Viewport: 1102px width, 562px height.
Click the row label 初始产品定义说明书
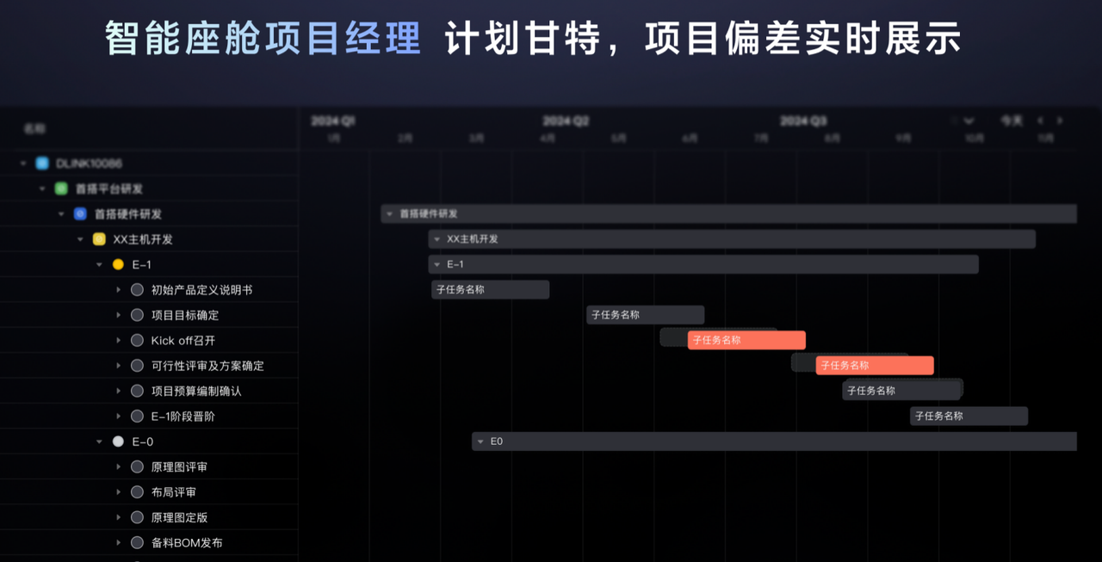(201, 290)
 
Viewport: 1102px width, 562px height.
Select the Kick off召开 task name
(183, 341)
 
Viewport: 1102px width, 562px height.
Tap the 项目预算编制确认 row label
(196, 392)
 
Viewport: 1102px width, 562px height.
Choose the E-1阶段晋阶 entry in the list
(183, 417)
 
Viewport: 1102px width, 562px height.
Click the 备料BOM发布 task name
(187, 543)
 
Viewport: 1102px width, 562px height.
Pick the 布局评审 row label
(173, 492)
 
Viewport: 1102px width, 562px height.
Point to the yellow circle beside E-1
(118, 265)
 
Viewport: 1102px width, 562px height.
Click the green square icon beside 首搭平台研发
(61, 188)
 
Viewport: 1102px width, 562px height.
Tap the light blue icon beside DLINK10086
(42, 164)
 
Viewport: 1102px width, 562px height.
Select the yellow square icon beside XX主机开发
(99, 239)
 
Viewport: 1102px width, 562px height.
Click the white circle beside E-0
(118, 442)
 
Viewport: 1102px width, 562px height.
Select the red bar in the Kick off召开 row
(746, 340)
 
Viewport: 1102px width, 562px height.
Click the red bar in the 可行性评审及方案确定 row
(874, 366)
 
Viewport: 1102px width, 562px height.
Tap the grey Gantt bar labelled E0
(775, 442)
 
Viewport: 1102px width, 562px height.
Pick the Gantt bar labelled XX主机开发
(732, 239)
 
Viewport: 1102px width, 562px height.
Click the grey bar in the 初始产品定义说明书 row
(490, 290)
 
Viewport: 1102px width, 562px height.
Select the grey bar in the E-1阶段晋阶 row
(969, 417)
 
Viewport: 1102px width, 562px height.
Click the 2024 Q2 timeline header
(566, 121)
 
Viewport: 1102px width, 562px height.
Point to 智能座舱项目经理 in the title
(263, 40)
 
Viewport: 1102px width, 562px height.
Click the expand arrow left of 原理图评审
(119, 467)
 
